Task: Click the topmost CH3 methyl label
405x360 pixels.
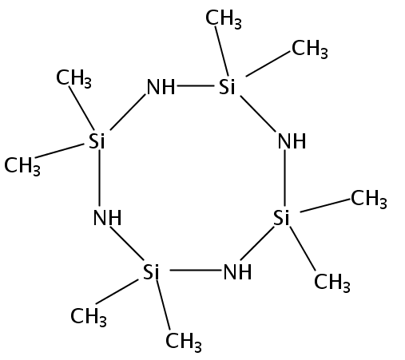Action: coord(224,18)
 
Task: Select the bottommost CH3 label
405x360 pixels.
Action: coord(184,342)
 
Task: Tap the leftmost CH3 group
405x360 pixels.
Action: coord(22,166)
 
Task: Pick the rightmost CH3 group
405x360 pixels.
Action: coord(369,199)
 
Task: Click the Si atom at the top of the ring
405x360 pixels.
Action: coord(227,87)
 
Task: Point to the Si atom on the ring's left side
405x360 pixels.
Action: coord(97,140)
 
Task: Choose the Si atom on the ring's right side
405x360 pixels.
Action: coord(281,218)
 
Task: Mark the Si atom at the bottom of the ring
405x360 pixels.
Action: coord(151,271)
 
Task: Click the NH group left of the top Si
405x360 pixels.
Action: coord(161,87)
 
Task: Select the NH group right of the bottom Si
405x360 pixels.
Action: coord(237,271)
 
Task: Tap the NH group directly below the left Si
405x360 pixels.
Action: coord(107,218)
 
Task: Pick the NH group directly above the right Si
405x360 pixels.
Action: coord(292,141)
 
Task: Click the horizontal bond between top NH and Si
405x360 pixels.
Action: coord(196,85)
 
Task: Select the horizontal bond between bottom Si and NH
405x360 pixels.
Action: coord(196,271)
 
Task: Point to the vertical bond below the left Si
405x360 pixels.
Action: coord(99,178)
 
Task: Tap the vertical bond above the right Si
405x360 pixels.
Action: coord(284,178)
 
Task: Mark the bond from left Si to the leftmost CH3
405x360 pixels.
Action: coord(59,151)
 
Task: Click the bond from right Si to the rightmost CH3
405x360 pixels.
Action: coord(325,205)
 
